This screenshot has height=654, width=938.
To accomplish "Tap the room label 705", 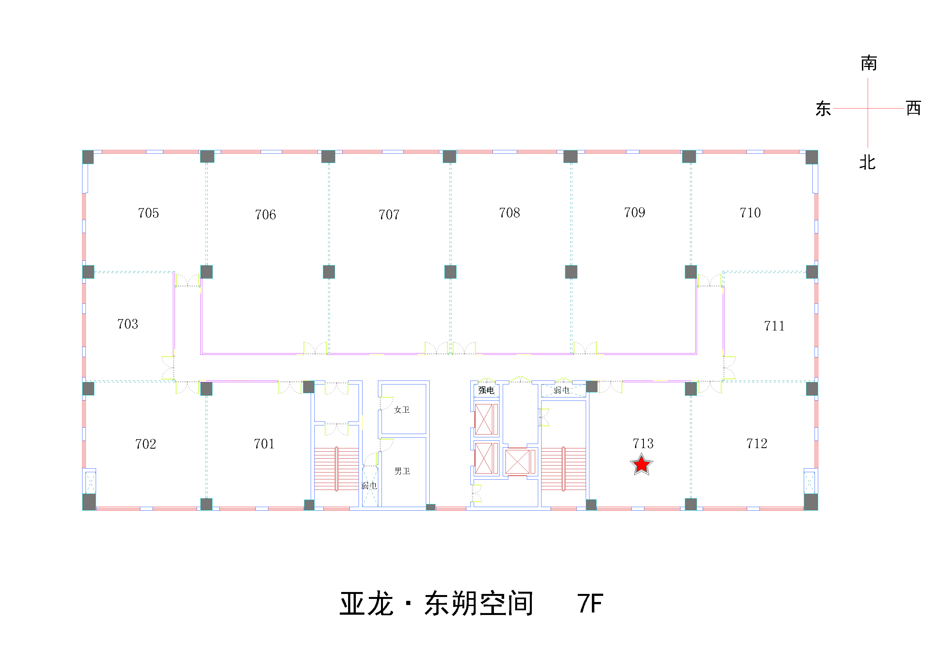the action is [148, 213].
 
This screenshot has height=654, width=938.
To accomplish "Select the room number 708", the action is [509, 213].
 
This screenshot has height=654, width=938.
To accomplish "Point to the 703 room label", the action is [128, 324].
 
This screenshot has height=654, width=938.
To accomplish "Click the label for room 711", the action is [774, 326].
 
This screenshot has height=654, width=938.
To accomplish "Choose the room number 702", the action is [146, 444].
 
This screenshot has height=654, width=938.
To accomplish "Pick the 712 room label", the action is [756, 443].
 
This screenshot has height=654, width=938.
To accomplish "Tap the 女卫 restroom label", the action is [401, 410].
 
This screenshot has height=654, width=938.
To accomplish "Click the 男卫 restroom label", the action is [402, 471].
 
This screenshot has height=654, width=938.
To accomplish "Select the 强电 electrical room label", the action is [486, 390].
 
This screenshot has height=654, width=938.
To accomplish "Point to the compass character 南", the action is [869, 63].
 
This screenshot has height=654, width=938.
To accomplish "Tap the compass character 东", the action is [823, 108].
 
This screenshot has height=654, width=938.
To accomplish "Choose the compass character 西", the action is [913, 108].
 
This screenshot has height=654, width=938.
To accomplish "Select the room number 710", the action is [750, 213].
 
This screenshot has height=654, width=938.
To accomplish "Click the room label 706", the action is [266, 214].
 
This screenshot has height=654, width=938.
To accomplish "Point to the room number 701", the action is [264, 444].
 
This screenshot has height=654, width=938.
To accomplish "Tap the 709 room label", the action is [634, 212].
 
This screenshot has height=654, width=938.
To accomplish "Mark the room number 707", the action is [389, 214].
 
